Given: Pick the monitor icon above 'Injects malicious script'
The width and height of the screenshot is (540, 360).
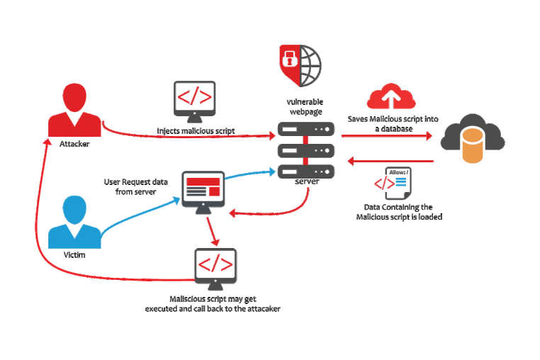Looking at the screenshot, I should point(194,101).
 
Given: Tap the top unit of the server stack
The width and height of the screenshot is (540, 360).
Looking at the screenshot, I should point(305,130).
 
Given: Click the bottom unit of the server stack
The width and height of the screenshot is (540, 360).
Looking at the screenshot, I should point(305,171).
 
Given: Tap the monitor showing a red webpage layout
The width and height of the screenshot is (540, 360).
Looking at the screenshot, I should point(203,189).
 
